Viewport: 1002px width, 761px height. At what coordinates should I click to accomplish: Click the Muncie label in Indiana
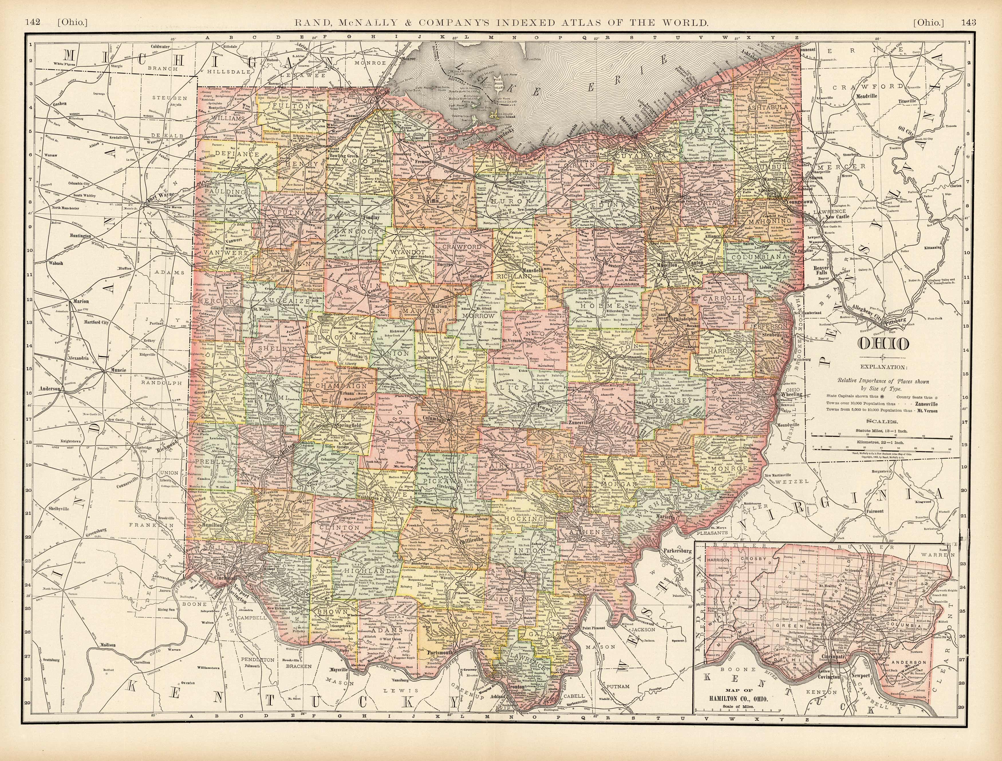tap(118, 370)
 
